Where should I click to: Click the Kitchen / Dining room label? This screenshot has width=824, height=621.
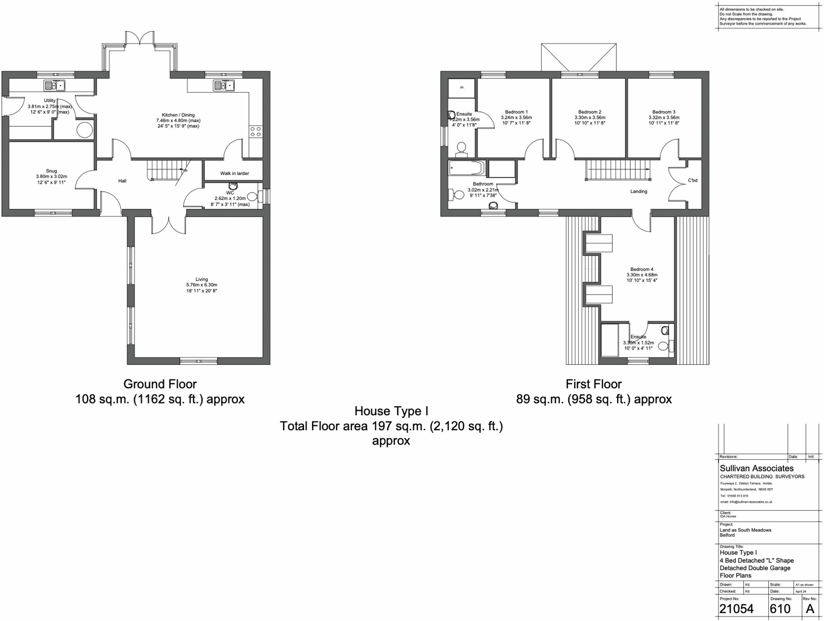click(x=178, y=115)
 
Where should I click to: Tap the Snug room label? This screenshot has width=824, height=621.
click(x=51, y=171)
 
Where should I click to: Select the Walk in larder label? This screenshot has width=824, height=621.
click(x=234, y=173)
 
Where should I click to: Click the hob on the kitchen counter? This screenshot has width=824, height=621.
click(x=255, y=132)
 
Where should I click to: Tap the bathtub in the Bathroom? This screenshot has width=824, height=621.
click(x=467, y=168)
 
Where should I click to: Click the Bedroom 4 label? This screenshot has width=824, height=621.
click(x=642, y=269)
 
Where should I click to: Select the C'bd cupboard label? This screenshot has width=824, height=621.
click(x=693, y=180)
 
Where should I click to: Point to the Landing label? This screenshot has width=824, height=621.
click(x=639, y=191)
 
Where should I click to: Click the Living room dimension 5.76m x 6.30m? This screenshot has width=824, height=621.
click(x=202, y=285)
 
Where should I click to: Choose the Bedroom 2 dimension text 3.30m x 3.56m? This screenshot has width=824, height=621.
click(x=590, y=118)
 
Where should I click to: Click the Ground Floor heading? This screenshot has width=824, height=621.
click(x=160, y=384)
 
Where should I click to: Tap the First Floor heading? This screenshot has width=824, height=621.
click(x=593, y=384)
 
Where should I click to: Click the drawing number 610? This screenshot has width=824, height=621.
click(x=780, y=609)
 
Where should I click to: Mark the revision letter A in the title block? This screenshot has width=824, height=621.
click(x=810, y=609)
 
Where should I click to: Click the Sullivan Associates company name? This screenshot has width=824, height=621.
click(x=757, y=468)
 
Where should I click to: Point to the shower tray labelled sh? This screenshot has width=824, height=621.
click(x=462, y=88)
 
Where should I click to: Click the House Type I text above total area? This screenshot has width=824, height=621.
click(x=391, y=411)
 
